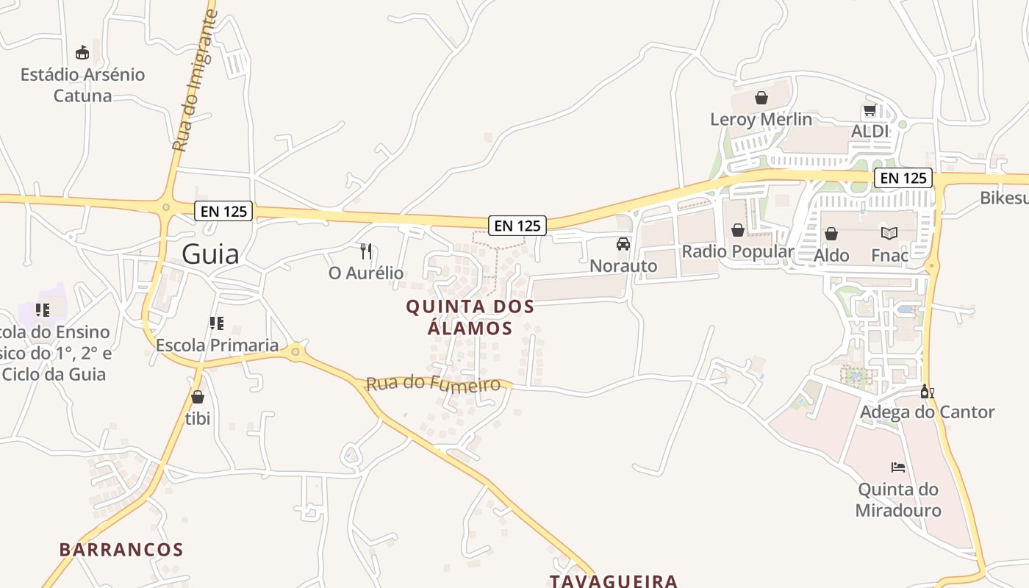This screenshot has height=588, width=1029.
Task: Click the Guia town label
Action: click(x=210, y=254)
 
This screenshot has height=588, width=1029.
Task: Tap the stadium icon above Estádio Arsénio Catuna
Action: click(x=82, y=53)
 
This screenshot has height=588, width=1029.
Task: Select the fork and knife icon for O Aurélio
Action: click(x=366, y=251)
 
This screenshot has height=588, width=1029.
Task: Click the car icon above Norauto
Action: click(x=623, y=244)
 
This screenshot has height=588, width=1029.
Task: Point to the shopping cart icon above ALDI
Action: click(x=870, y=110)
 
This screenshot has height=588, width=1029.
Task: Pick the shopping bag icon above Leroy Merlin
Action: click(x=761, y=98)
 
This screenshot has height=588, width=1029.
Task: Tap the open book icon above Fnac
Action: click(x=889, y=234)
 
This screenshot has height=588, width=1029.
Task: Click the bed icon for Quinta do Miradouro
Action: click(x=897, y=467)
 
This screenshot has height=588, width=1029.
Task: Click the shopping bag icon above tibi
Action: click(x=197, y=398)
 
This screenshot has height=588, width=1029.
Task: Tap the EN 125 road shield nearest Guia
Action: click(x=224, y=212)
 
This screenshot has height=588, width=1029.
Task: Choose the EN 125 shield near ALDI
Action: click(x=903, y=178)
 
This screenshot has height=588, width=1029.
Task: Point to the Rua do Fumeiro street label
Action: click(x=433, y=384)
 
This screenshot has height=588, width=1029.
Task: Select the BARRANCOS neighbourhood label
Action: click(x=121, y=550)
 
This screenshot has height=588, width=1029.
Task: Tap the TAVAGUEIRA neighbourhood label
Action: click(x=614, y=581)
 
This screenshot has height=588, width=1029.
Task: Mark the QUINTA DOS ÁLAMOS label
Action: click(x=470, y=317)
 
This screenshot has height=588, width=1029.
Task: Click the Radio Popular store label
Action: click(x=737, y=251)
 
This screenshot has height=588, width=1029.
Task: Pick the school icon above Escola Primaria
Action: click(x=216, y=323)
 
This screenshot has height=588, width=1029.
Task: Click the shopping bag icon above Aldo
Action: click(x=831, y=234)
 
